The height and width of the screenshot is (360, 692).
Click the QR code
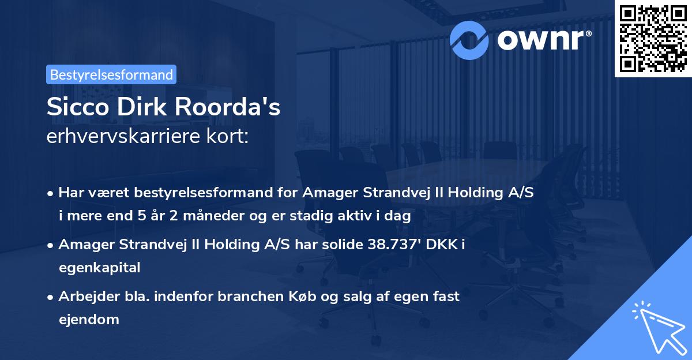[652, 38]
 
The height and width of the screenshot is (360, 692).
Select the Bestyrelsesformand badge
[111, 74]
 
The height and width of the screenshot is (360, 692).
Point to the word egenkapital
[99, 267]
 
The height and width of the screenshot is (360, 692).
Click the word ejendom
[88, 319]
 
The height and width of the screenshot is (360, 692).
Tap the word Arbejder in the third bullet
[84, 297]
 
